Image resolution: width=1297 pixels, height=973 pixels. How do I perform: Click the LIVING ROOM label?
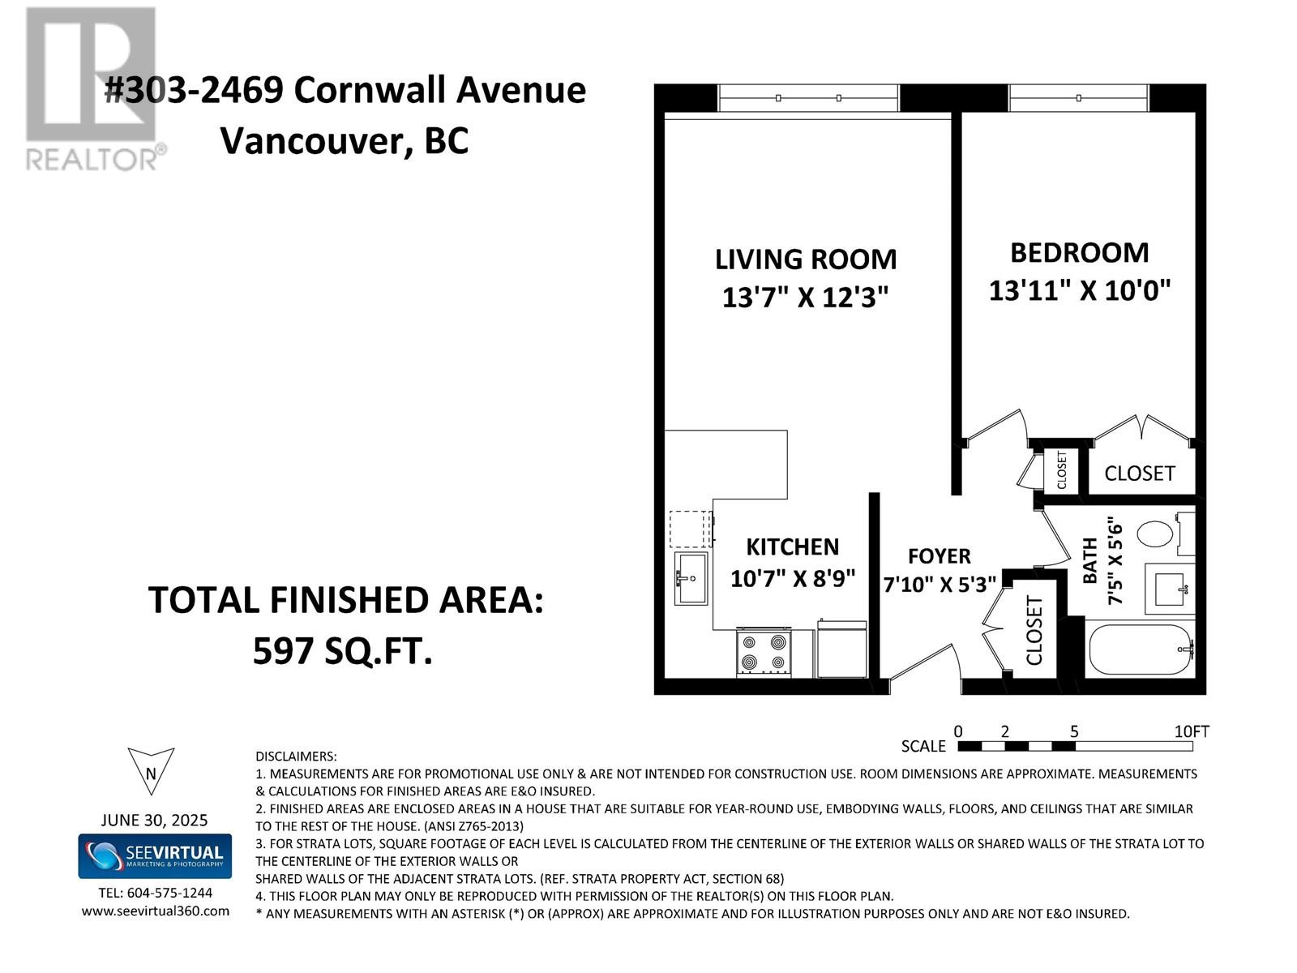pos(806,259)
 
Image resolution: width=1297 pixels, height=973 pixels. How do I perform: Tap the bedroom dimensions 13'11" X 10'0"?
pos(1080,290)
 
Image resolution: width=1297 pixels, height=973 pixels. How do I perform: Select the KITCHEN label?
pos(792,547)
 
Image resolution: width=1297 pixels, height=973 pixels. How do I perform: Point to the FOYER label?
pos(940,556)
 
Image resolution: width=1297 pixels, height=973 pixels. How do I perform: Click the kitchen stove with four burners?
pos(764,652)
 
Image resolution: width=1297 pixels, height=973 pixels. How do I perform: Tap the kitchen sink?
pos(691,578)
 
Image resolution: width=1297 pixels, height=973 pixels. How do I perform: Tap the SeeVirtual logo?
pos(155,856)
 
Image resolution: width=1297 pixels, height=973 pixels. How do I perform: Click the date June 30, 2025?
pos(154,820)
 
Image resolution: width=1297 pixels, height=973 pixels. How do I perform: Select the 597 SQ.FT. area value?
pos(343,652)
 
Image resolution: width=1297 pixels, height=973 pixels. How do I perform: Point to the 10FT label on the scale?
pos(1192,731)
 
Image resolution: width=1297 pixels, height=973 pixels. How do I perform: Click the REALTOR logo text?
pos(92,160)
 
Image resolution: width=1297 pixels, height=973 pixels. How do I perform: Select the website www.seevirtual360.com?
pos(156,911)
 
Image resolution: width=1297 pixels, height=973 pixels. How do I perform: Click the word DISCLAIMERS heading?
pos(296,757)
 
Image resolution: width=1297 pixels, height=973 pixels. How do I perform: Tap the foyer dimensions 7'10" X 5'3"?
pos(940,585)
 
